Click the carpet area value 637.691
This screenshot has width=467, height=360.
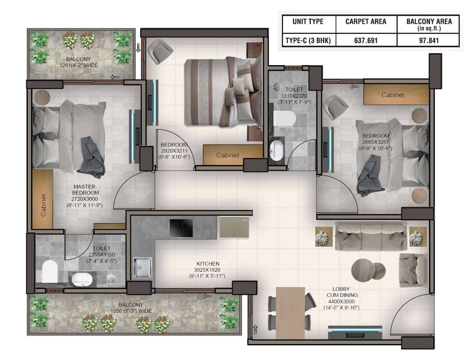pos(366,40)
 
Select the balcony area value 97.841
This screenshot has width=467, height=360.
pos(429,40)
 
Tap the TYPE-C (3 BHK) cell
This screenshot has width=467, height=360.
pos(308,40)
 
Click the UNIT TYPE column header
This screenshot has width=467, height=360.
pos(308,21)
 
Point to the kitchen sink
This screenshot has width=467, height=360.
pos(142,267)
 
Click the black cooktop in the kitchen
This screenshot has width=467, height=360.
pos(181,228)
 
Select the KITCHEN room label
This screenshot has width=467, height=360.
pos(208,264)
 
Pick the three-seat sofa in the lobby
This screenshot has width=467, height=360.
pos(371,236)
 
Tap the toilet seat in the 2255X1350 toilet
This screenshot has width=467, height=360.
pos(50,271)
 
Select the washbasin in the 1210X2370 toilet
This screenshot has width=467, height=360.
pos(277,150)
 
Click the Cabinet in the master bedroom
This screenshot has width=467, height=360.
pos(42,199)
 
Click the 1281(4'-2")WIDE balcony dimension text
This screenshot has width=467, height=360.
pos(78,65)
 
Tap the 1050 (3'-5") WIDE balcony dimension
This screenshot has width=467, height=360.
pos(131,311)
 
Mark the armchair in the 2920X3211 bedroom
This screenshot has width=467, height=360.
pos(160,51)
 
